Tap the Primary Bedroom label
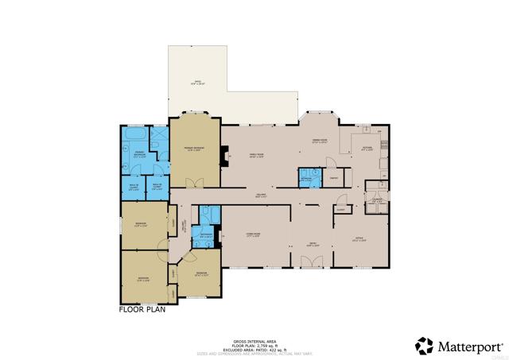(194, 149)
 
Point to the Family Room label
(257, 156)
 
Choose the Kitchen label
(367, 149)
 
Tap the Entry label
(313, 244)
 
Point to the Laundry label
(378, 201)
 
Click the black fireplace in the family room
(226, 156)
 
